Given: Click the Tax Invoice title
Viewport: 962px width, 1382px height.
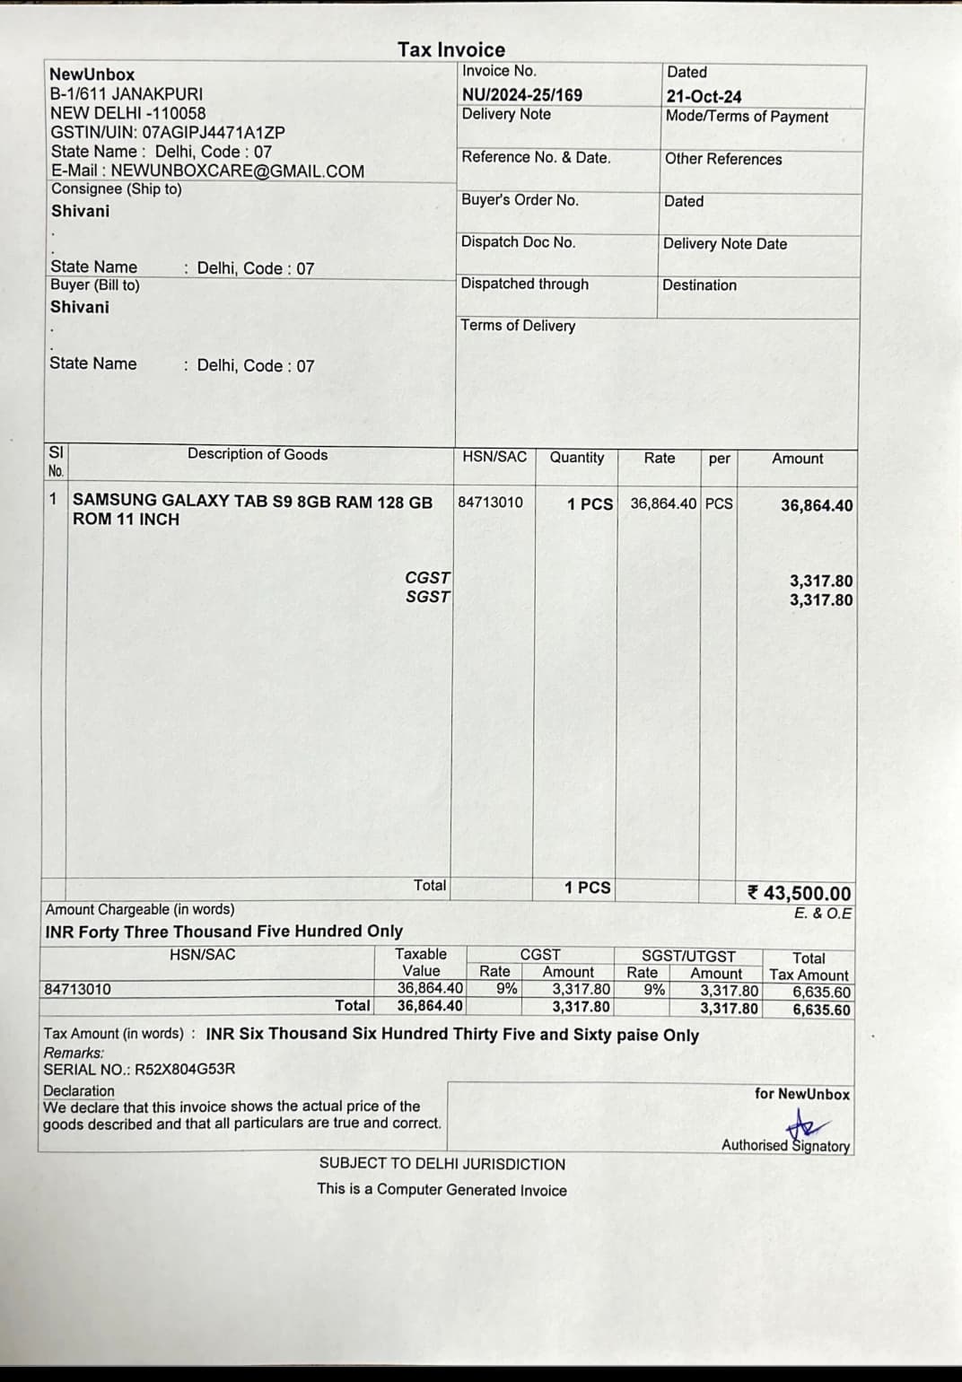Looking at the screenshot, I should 451,50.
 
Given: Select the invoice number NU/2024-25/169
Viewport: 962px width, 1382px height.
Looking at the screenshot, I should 521,94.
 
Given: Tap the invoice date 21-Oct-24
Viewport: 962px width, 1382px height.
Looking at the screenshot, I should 704,96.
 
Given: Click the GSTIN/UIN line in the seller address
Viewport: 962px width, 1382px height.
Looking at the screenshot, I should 168,132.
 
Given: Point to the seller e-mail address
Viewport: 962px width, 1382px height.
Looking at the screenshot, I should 207,171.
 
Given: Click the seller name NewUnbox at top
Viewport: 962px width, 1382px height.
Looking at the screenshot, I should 92,74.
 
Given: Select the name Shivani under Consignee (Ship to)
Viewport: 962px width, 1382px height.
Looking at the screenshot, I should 80,211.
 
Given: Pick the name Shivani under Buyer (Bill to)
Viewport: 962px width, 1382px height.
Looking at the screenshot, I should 80,307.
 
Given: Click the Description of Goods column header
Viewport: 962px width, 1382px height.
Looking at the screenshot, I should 258,454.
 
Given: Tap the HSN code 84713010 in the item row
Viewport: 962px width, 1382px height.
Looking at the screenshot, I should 490,503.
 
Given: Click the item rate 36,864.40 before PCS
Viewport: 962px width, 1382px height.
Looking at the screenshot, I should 663,503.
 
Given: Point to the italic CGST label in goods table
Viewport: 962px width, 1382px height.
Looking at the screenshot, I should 428,578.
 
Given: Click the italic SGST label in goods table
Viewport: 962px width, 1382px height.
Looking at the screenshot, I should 428,597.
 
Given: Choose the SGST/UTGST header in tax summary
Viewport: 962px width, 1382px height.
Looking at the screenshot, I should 688,957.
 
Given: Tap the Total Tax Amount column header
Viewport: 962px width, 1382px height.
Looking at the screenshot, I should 809,967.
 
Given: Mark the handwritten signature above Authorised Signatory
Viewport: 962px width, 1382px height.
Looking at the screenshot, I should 806,1123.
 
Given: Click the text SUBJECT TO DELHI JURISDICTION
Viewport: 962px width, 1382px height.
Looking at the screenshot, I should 442,1164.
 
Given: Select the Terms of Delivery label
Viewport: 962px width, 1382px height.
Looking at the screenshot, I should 518,326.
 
